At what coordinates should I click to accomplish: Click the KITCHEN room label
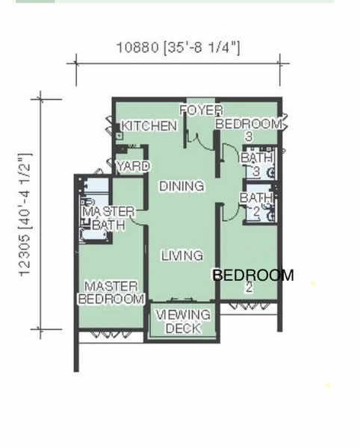[149, 126]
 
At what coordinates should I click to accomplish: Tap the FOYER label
[201, 111]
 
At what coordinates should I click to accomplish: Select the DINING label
[181, 186]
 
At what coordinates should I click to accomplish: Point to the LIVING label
[182, 255]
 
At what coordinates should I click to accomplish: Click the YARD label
[134, 166]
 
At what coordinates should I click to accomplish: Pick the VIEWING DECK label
[183, 322]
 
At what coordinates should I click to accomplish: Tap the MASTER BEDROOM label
[111, 293]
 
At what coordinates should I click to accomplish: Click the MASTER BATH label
[108, 219]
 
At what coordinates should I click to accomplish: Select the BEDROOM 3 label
[249, 130]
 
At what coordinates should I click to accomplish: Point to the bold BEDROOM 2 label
[253, 281]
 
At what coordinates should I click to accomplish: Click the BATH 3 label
[257, 164]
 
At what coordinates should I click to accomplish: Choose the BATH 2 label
[256, 205]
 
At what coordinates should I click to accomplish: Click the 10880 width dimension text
[179, 48]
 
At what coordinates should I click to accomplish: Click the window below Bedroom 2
[249, 306]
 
